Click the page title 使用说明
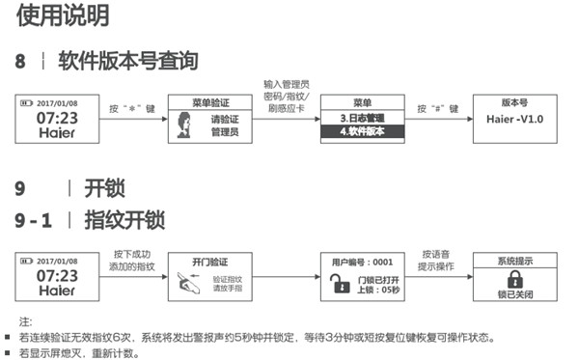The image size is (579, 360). pyautogui.click(x=54, y=15)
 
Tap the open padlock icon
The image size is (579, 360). pyautogui.click(x=337, y=282)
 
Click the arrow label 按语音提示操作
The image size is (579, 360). pyautogui.click(x=436, y=261)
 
